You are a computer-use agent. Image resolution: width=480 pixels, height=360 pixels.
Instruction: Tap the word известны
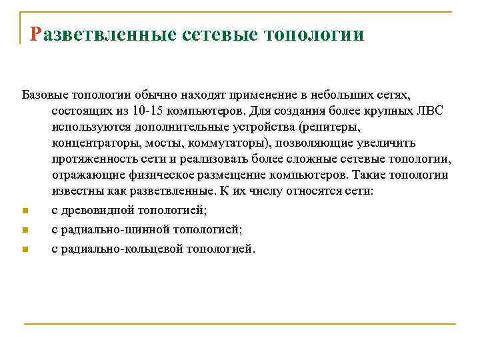tap(77, 191)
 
